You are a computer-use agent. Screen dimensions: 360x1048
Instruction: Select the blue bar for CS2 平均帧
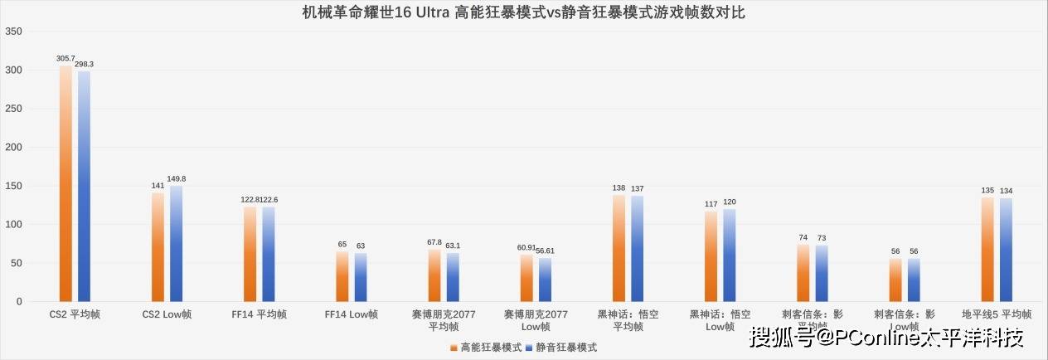pyautogui.click(x=84, y=187)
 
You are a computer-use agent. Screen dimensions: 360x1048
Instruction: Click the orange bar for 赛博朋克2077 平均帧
pyautogui.click(x=434, y=275)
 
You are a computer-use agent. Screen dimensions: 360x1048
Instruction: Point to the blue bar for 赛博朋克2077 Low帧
pyautogui.click(x=545, y=280)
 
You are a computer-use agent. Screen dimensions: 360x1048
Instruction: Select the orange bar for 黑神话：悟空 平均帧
pyautogui.click(x=619, y=248)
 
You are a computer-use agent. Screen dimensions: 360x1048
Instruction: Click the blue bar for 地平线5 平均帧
pyautogui.click(x=1006, y=250)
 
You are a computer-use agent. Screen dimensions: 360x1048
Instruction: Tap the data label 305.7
pyautogui.click(x=65, y=59)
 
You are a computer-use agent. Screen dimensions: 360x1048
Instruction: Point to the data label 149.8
pyautogui.click(x=177, y=178)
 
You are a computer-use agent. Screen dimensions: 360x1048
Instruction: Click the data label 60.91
pyautogui.click(x=526, y=247)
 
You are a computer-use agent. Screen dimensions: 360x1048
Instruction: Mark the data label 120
pyautogui.click(x=730, y=202)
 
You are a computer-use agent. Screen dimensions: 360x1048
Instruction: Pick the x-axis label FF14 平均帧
pyautogui.click(x=260, y=314)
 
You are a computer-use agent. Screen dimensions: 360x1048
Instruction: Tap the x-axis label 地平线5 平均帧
pyautogui.click(x=997, y=314)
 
